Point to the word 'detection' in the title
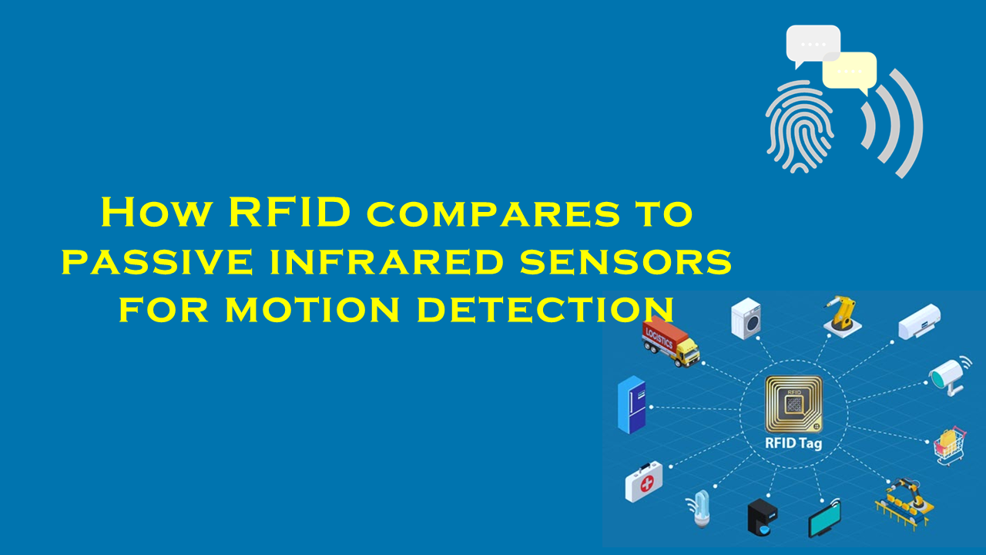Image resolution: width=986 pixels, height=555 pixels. click(x=545, y=309)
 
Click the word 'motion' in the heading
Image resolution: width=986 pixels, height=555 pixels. click(x=312, y=309)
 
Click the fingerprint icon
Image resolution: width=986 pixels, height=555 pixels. click(x=800, y=126)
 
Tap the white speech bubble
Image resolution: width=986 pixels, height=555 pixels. click(x=813, y=45)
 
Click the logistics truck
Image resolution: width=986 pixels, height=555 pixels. click(x=670, y=341)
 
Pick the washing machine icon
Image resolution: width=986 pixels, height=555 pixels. click(x=746, y=318)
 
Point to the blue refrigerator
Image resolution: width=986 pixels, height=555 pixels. click(x=632, y=405)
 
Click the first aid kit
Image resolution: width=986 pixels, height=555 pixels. click(x=643, y=482)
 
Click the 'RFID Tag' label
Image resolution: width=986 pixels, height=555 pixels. click(x=793, y=443)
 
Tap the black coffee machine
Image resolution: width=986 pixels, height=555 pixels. click(x=763, y=517)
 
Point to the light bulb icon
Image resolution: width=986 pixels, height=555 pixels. click(x=700, y=510)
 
